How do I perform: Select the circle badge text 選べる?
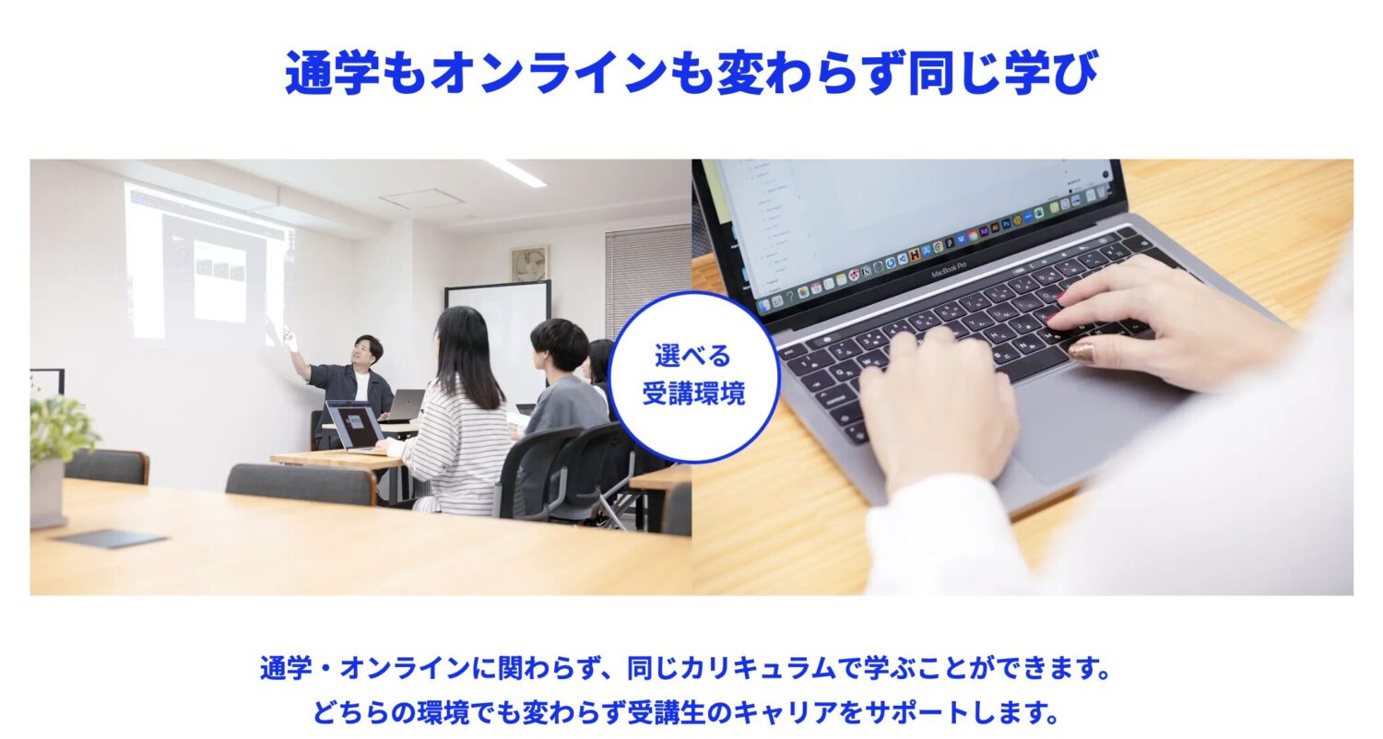(692, 356)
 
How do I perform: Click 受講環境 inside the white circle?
(693, 393)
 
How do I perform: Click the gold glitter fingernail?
(1081, 351)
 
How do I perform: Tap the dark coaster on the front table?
(111, 538)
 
